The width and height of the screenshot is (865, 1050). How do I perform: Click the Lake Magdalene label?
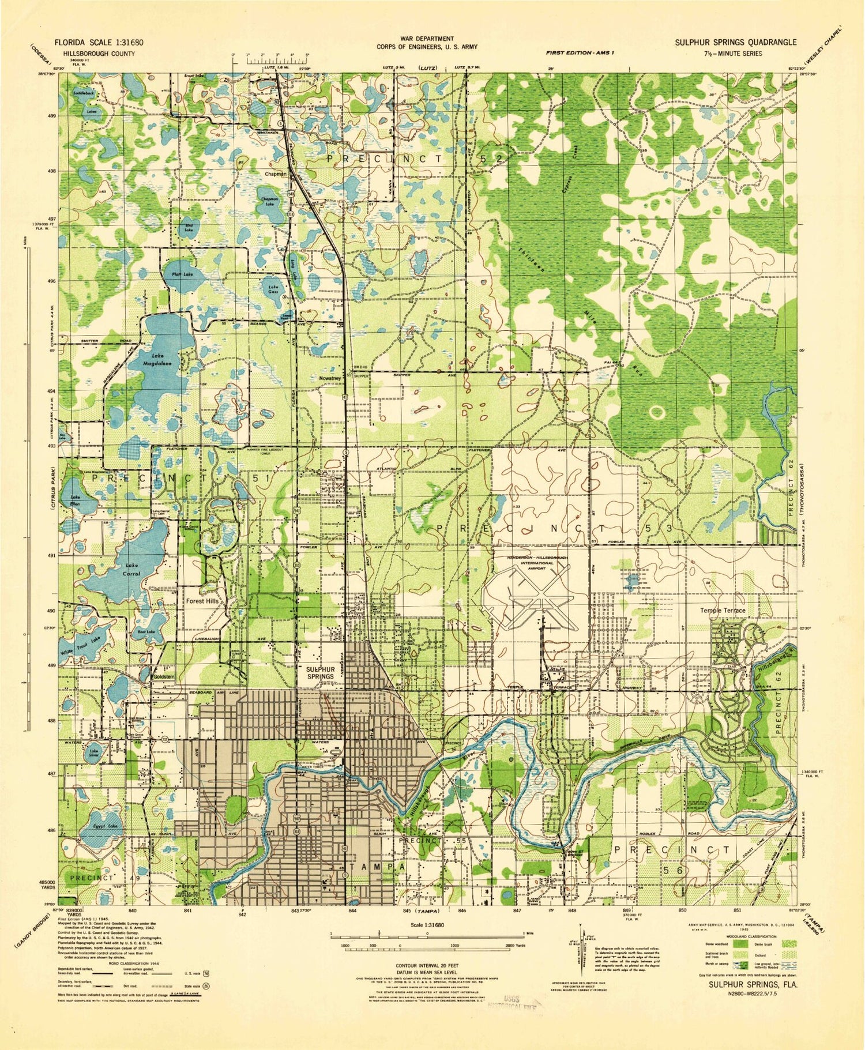(157, 359)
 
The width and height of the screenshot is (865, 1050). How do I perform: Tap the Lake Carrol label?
(132, 570)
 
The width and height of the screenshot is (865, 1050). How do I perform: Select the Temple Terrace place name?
(723, 610)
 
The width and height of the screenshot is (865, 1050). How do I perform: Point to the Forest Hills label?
(202, 601)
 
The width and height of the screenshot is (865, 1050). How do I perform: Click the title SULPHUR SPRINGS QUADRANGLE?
(735, 42)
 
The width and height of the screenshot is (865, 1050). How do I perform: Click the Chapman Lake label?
(269, 201)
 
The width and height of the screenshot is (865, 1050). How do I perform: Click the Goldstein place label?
(164, 676)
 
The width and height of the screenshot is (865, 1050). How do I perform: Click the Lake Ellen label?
(75, 500)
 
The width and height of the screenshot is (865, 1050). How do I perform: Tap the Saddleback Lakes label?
(85, 102)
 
